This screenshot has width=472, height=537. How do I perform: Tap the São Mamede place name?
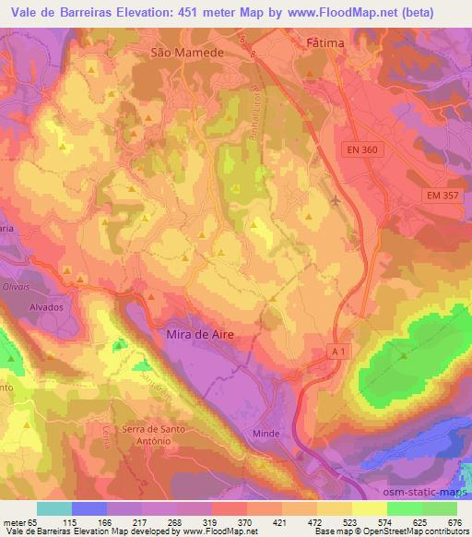pyautogui.click(x=188, y=54)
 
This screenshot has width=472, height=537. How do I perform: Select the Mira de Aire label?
pyautogui.click(x=208, y=338)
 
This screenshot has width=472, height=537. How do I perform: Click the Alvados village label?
pyautogui.click(x=44, y=307)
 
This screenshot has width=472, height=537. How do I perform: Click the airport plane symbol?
pyautogui.click(x=336, y=197)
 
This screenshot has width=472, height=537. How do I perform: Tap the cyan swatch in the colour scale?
pyautogui.click(x=55, y=508)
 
